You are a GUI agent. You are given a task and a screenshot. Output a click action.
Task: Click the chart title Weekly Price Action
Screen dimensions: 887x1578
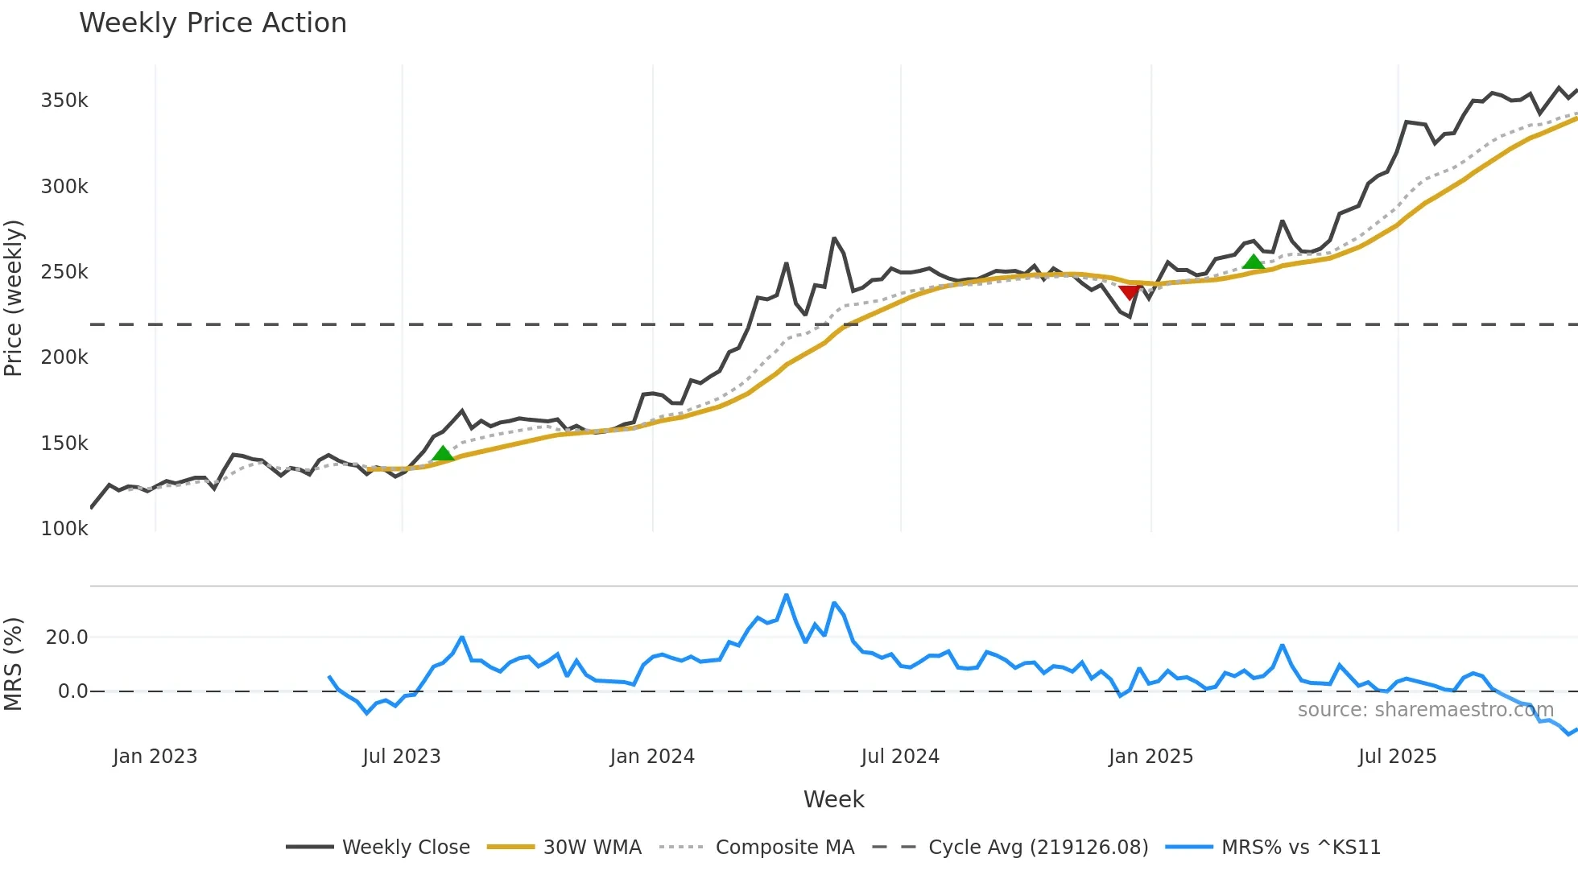coord(213,23)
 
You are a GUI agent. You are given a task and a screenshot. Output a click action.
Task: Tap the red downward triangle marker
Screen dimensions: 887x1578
coord(1130,292)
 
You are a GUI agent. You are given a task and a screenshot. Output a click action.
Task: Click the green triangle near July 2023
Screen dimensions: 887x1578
coord(443,454)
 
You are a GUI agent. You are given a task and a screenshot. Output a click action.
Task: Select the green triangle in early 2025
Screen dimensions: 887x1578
coord(1254,262)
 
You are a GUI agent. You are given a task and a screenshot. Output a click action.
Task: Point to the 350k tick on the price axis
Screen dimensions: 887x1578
coord(64,101)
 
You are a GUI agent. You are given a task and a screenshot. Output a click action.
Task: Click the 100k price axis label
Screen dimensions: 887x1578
coord(64,529)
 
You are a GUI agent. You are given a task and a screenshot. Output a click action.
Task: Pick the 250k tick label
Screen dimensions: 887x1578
coord(64,272)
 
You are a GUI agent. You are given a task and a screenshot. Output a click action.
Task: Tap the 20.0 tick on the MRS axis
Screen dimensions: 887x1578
coord(67,637)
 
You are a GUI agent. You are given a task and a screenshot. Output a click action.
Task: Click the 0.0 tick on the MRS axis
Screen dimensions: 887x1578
coord(72,691)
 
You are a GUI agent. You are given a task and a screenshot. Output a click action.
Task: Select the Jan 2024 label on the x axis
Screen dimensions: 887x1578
coord(652,757)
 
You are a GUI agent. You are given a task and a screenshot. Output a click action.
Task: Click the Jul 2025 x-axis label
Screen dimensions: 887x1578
coord(1397,757)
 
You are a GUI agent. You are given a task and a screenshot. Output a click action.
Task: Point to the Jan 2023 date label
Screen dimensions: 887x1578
coord(155,757)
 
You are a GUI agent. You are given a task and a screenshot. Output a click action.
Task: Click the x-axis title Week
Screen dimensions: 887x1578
coord(833,799)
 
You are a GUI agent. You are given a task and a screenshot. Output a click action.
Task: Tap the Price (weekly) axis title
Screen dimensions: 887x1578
coord(14,298)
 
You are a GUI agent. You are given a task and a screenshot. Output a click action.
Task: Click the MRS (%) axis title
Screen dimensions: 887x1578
coord(14,664)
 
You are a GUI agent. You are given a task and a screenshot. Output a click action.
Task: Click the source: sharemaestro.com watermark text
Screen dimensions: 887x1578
coord(1425,710)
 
